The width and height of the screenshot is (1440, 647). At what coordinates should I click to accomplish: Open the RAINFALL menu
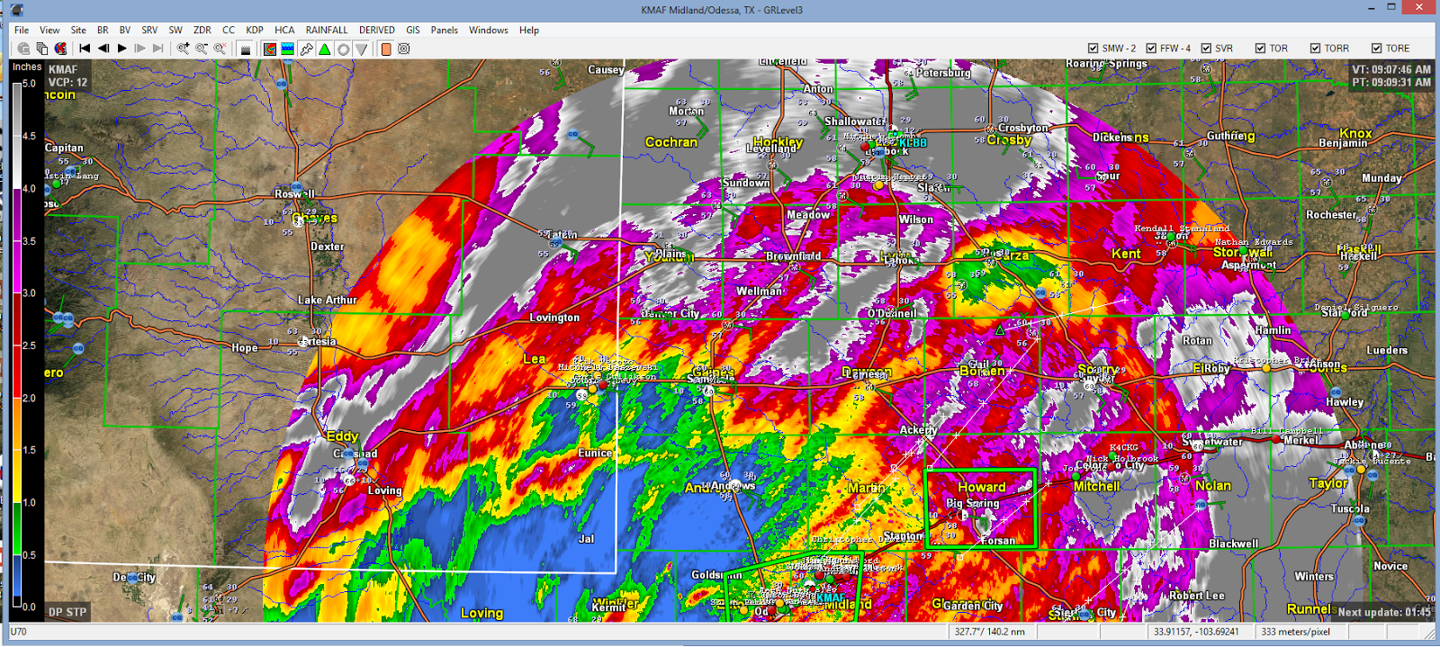click(x=326, y=30)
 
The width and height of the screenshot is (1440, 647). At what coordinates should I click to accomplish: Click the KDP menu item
click(x=255, y=30)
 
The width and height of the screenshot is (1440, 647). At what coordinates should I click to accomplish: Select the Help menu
click(x=529, y=30)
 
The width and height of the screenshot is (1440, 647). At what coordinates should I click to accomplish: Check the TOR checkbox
click(x=1261, y=49)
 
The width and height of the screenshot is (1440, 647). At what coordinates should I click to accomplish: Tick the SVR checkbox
click(x=1206, y=49)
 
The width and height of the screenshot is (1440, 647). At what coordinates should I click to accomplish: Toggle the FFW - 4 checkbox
click(x=1151, y=49)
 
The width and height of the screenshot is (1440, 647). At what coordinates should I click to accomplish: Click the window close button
click(x=1419, y=8)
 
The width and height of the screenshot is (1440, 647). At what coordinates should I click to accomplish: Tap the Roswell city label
click(x=294, y=193)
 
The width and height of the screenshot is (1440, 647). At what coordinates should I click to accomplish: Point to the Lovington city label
click(x=554, y=318)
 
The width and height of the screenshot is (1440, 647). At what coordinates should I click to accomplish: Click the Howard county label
click(x=981, y=487)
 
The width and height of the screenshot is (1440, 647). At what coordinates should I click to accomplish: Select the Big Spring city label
click(x=972, y=503)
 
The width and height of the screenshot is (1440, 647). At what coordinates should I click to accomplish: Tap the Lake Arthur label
click(x=328, y=300)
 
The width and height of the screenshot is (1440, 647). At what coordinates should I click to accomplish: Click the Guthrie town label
click(x=1230, y=136)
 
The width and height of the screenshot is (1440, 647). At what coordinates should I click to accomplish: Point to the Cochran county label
click(x=671, y=142)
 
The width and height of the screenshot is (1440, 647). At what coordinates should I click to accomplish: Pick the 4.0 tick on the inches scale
click(x=29, y=189)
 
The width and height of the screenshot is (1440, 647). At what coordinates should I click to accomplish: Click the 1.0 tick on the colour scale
click(x=29, y=503)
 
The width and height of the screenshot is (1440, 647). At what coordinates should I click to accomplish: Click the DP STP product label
click(x=67, y=612)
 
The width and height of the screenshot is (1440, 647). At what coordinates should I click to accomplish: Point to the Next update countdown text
click(x=1383, y=612)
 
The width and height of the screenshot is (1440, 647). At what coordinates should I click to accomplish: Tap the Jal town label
click(x=586, y=539)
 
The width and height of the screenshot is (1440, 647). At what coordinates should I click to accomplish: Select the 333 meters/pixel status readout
click(x=1295, y=632)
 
